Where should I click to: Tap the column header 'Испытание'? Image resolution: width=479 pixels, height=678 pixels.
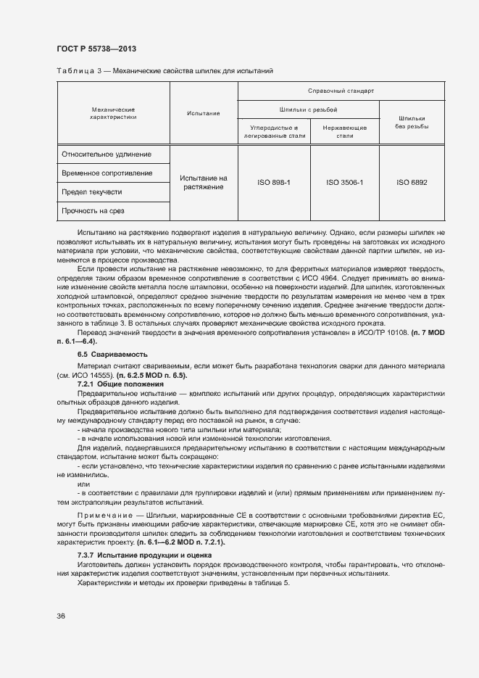tap(203, 113)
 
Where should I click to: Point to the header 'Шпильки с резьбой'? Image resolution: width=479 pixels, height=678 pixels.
tap(309, 109)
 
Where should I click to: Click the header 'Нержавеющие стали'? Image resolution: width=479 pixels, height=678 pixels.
tap(345, 131)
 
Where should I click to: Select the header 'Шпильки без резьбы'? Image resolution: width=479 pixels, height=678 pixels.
tap(411, 122)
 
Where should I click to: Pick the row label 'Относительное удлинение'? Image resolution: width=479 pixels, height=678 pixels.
tap(107, 154)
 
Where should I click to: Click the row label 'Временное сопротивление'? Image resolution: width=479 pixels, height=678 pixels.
tap(107, 173)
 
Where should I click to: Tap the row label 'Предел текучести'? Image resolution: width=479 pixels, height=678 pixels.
tap(92, 192)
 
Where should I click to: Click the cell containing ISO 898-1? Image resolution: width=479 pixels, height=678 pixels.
tap(273, 183)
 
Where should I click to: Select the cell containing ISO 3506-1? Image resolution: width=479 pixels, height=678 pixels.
tap(344, 183)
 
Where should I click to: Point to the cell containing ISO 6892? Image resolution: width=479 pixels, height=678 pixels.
tap(411, 183)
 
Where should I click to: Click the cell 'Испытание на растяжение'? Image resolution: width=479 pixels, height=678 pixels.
tap(203, 183)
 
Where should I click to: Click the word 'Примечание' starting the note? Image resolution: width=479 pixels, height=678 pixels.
tap(101, 514)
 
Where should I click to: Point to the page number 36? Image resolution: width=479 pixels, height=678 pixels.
tap(61, 616)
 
